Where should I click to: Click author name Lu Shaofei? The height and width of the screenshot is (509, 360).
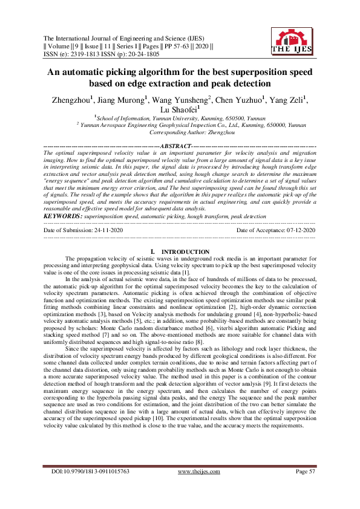click(x=180, y=110)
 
